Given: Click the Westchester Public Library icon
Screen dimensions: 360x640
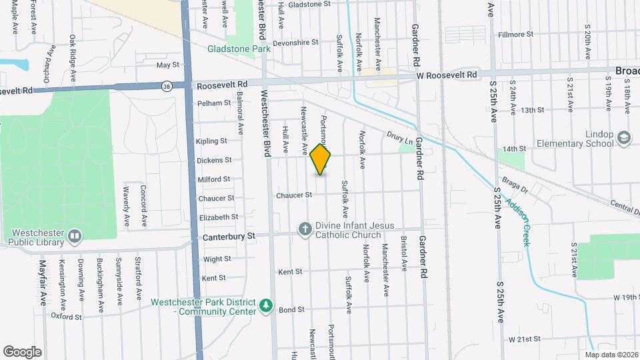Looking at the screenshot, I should (x=75, y=236).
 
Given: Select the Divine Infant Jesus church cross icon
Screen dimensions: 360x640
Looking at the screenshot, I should (x=305, y=230).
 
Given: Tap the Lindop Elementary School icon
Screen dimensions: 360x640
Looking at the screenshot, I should (x=624, y=138).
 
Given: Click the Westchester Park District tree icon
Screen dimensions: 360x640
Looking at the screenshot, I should (x=267, y=305).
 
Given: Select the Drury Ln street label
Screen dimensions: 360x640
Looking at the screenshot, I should (x=400, y=138).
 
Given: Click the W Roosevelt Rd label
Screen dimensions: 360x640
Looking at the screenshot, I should (x=448, y=75).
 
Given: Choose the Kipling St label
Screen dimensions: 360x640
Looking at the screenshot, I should (x=211, y=141).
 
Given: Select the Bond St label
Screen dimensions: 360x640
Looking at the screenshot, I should (x=291, y=310).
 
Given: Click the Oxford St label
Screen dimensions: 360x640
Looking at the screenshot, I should (x=66, y=317).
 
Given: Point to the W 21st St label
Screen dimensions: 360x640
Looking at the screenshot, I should (x=524, y=339).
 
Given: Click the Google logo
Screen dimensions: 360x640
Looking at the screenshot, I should (x=22, y=352).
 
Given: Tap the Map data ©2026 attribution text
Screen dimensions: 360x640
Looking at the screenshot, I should (x=611, y=354).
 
